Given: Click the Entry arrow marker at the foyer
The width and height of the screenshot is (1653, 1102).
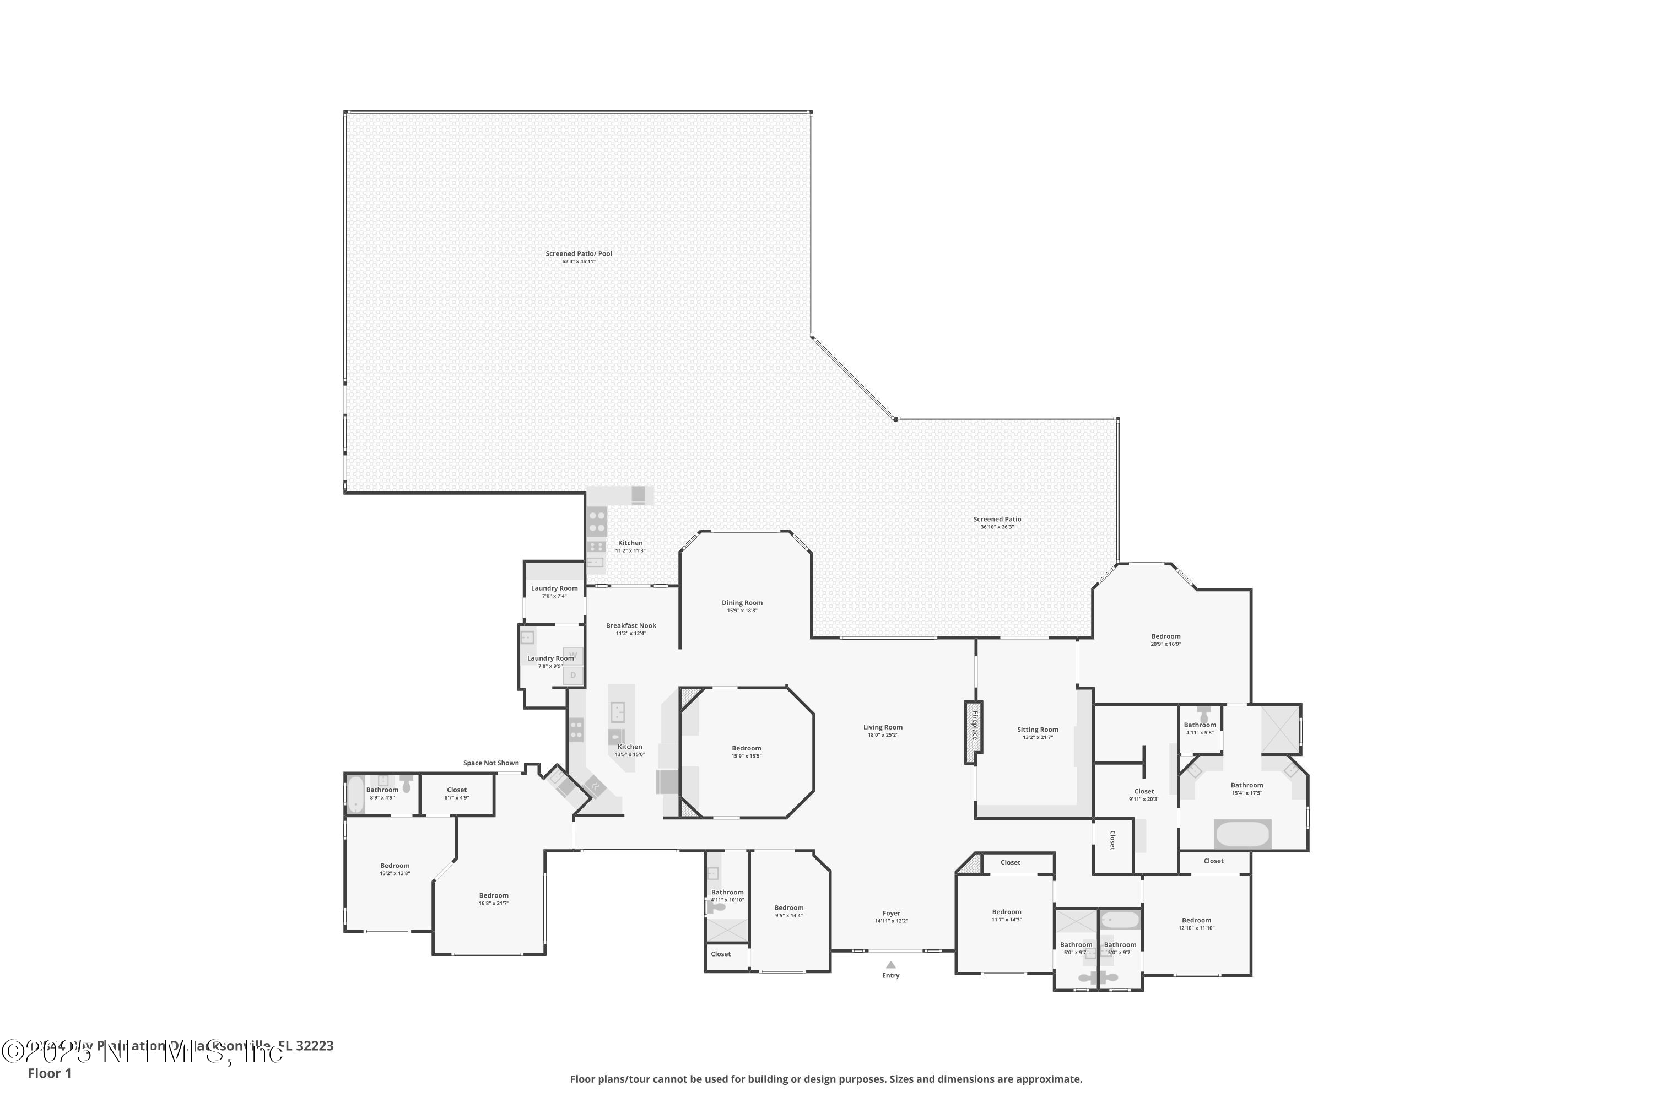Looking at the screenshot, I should click(890, 965).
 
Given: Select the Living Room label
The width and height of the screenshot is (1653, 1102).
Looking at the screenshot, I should click(883, 727).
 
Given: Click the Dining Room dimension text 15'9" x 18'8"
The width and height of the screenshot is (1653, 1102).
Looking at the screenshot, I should click(742, 611).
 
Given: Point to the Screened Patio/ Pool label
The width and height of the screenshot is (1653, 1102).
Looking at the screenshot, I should click(579, 253).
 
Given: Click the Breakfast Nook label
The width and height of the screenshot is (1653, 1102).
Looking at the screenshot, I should click(631, 625).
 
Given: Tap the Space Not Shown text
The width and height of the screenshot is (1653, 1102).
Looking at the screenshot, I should click(490, 763).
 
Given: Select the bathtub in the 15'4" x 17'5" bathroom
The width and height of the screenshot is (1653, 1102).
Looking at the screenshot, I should click(1243, 834).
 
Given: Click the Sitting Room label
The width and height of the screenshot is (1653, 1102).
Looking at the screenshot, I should click(1038, 730).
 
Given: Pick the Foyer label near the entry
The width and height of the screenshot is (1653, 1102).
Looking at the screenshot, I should click(891, 914).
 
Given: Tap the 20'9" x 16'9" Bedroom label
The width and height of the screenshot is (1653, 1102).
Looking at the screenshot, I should click(1165, 636).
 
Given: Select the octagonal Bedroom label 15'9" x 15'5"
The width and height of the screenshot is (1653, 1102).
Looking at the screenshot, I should click(747, 748).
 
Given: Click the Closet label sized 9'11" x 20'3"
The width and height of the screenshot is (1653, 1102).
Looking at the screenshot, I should click(1144, 791).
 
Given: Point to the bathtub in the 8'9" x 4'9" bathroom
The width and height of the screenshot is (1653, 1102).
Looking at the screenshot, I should click(355, 794).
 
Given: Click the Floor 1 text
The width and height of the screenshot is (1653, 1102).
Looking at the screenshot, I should click(49, 1073).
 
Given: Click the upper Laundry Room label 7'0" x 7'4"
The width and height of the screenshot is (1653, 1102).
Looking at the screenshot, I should click(554, 588).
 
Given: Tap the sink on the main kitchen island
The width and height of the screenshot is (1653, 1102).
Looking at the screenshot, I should click(618, 712).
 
